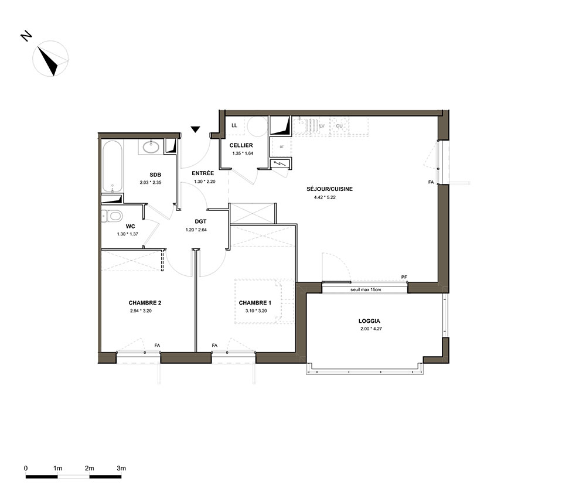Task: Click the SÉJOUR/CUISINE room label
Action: coord(329,189)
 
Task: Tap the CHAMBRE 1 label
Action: coord(255,303)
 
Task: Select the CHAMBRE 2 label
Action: coord(145,303)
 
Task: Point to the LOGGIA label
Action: coord(369,321)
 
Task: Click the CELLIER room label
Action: coord(241,145)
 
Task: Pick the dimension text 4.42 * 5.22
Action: coord(325,197)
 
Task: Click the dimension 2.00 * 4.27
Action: coord(371,329)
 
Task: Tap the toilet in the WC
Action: coord(112,216)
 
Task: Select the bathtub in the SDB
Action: coord(112,166)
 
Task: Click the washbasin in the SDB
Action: coord(151,147)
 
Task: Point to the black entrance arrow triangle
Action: coord(195,129)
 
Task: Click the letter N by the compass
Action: coord(26,36)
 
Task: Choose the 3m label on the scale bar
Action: coord(121,468)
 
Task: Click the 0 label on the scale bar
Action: coord(26,468)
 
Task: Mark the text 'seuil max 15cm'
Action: coord(366,289)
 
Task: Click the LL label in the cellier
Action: coord(234,125)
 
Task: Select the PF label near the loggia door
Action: coord(404,277)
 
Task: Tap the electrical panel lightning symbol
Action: coord(279,163)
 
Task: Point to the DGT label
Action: coord(200,221)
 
